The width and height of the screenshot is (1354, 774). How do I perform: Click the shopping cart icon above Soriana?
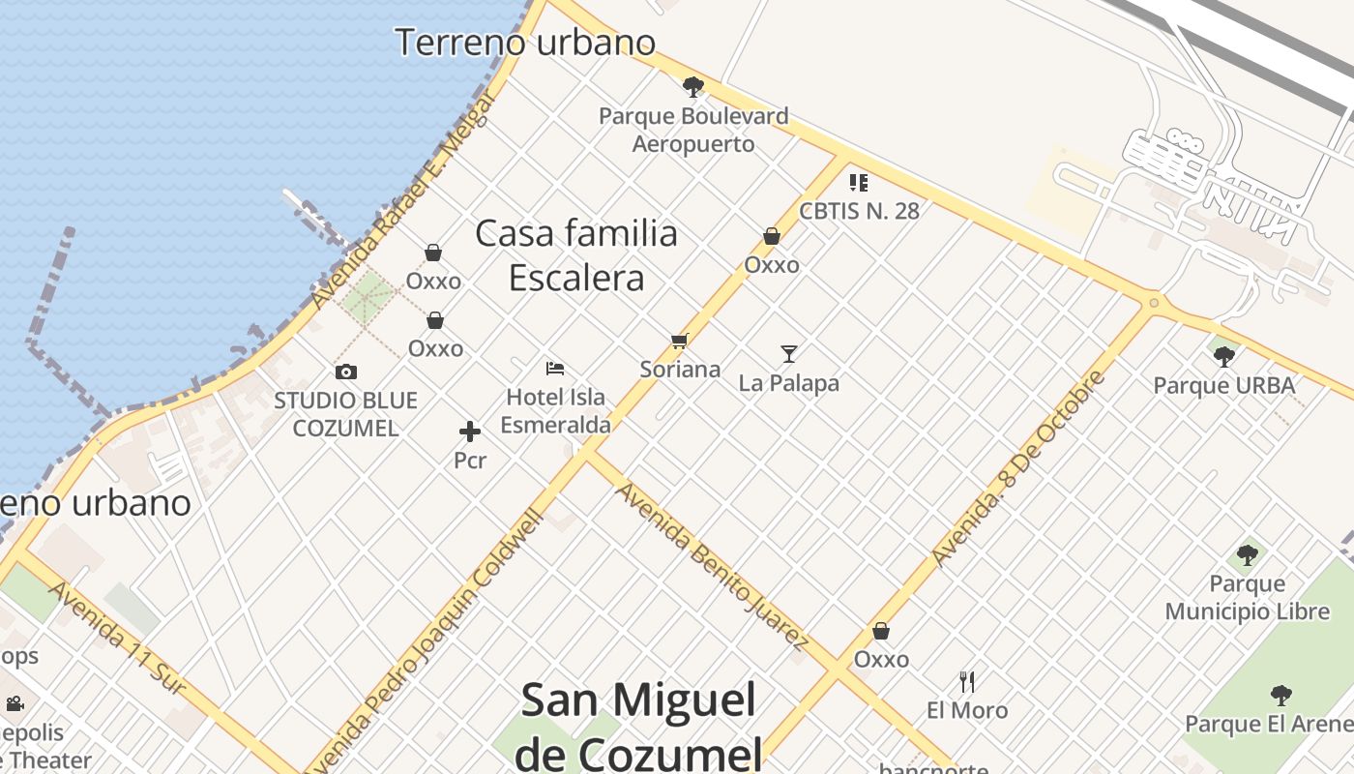point(679,341)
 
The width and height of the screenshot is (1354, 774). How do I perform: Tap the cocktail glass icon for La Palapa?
point(789,354)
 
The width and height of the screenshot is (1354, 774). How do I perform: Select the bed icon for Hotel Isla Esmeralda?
point(555,368)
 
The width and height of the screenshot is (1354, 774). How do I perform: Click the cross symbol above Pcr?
point(470,432)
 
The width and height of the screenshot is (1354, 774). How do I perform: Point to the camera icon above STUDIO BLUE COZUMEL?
point(345,372)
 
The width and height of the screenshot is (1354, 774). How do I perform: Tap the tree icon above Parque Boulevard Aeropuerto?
point(692,87)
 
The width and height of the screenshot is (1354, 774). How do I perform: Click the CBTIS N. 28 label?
point(859,210)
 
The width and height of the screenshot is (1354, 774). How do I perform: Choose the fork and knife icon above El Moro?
point(967,682)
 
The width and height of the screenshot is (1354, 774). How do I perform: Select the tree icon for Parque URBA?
point(1223,356)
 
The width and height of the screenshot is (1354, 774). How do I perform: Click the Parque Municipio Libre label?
point(1247,598)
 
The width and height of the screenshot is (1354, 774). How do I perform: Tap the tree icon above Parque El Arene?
point(1280,695)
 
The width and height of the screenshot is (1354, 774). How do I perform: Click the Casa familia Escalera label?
point(576,255)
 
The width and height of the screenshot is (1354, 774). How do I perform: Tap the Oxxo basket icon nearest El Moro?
point(881,631)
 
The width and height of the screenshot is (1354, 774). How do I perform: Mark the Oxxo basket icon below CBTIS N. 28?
point(772,235)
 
